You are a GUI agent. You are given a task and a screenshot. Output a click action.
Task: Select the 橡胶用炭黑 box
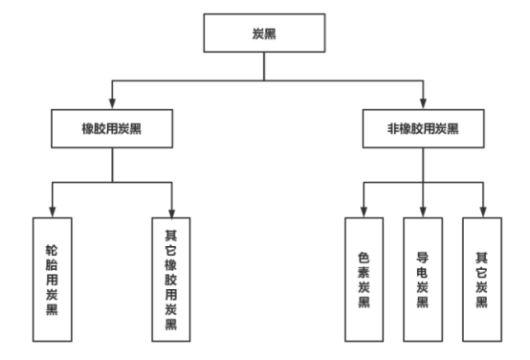(x=112, y=127)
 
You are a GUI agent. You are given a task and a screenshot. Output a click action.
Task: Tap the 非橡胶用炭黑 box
(x=424, y=127)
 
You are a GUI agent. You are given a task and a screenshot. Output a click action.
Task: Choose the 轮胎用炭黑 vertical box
(x=53, y=279)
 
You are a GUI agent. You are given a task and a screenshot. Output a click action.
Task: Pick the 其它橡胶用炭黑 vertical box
(x=171, y=279)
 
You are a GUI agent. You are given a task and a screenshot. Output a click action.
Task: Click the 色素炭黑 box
(x=364, y=279)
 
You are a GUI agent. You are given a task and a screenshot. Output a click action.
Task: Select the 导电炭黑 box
(x=422, y=279)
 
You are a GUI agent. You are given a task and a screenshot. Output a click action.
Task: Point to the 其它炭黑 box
(x=481, y=279)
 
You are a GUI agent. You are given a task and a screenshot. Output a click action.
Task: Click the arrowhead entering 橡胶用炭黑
(x=112, y=103)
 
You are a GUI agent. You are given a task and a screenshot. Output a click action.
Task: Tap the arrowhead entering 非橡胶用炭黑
(x=423, y=103)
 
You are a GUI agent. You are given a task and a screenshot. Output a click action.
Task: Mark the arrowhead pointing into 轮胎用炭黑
(x=53, y=212)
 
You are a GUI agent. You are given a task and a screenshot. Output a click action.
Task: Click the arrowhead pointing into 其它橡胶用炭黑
(x=171, y=212)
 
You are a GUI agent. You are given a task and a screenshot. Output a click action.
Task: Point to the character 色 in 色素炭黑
(x=364, y=257)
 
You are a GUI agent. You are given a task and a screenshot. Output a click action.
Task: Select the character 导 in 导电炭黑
(x=422, y=257)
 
